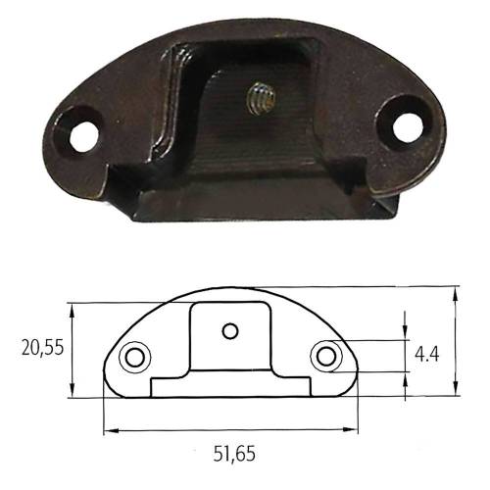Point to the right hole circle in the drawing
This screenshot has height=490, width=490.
[x=326, y=356]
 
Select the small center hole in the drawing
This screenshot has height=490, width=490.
[x=229, y=331]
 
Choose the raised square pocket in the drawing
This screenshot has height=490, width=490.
[x=229, y=333]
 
